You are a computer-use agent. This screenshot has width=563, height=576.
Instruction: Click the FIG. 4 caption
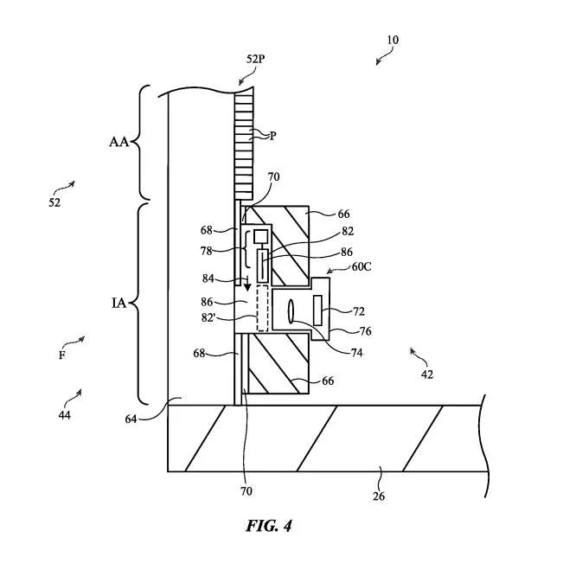[x=269, y=526]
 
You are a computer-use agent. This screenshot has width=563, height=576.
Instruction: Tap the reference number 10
[x=393, y=40]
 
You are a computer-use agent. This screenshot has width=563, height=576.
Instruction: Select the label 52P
[x=256, y=59]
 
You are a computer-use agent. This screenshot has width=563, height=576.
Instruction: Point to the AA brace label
[x=118, y=142]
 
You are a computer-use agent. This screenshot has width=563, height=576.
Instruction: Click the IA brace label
[x=118, y=303]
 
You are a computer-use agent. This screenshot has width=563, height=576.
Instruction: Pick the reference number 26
[x=379, y=496]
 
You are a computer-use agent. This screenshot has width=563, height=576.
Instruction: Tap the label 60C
[x=361, y=266]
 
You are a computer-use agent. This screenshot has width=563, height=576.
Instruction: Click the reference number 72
[x=359, y=311]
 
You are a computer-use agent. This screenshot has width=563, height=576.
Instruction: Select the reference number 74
[x=356, y=353]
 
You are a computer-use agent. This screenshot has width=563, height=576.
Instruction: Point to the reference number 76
[x=365, y=331]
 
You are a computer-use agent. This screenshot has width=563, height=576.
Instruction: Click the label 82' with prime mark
[x=208, y=317]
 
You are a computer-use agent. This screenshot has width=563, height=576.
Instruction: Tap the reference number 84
[x=208, y=278]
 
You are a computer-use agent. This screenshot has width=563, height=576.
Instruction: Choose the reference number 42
[x=426, y=374]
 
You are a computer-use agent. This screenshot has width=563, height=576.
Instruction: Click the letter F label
[x=62, y=355]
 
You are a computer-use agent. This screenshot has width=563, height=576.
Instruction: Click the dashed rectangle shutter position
[x=262, y=308]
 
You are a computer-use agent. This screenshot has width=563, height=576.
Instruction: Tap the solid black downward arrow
[x=248, y=283]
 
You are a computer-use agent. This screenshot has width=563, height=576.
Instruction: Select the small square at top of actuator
[x=260, y=237]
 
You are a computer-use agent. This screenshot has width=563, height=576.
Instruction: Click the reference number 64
[x=131, y=419]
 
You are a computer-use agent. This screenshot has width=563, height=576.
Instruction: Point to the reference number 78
[x=207, y=251]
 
